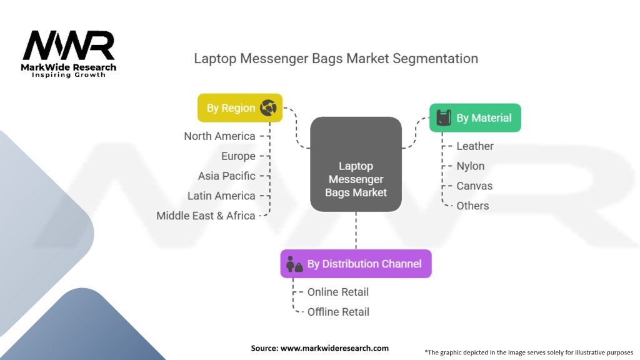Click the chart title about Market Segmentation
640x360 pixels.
[336, 59]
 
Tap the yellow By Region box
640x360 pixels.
[240, 108]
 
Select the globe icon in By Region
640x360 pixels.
[268, 108]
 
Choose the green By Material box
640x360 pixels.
[475, 117]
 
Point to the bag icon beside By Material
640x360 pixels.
[443, 117]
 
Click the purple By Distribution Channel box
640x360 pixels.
[356, 264]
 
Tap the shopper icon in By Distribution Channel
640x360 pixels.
[294, 264]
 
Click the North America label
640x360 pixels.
[219, 136]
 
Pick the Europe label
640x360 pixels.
[238, 156]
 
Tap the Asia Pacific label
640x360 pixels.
[226, 176]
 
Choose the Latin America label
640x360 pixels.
[221, 196]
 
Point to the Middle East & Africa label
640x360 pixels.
[206, 216]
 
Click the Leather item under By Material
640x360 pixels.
[475, 146]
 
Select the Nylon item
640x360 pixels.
[470, 166]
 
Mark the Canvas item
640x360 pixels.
[474, 186]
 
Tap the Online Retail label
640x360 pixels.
[338, 292]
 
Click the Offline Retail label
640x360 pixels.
[338, 312]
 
